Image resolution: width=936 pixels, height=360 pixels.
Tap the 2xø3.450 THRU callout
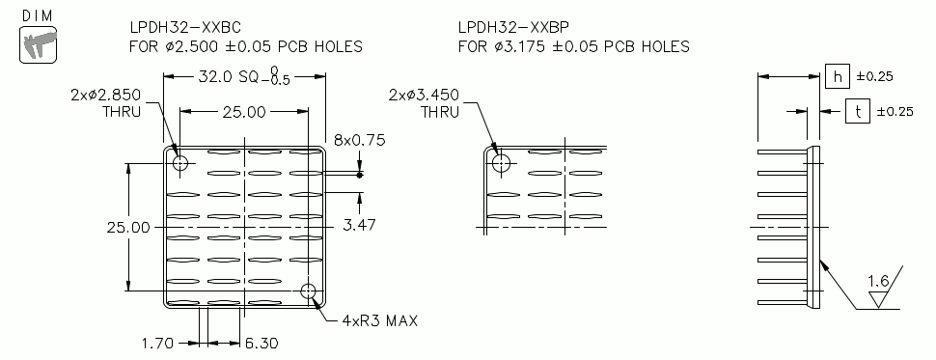point(425,102)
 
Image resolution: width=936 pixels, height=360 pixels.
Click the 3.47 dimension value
point(359,224)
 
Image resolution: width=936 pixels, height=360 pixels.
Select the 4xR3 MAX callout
point(379,319)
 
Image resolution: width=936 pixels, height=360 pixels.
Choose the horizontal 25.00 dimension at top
point(244,112)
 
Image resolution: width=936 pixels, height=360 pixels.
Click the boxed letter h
point(837,76)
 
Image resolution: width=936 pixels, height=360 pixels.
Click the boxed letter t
point(857,111)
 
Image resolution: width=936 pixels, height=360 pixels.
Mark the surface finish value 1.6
point(878,281)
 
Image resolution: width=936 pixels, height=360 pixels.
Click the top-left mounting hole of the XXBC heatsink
point(180,162)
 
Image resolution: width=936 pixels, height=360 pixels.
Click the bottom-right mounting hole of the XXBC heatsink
point(309,291)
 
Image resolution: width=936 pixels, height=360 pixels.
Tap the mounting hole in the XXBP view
point(500,162)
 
